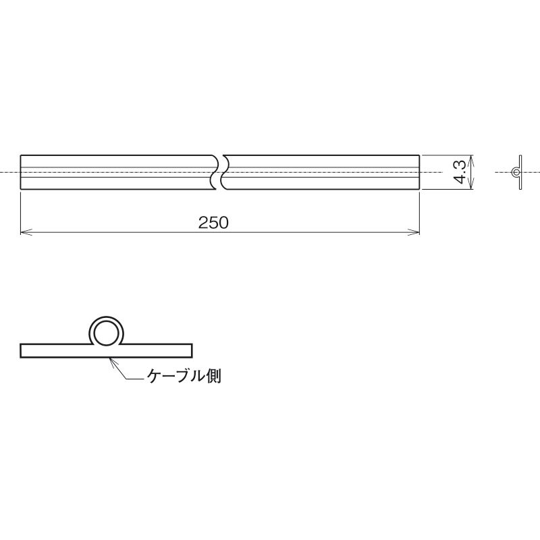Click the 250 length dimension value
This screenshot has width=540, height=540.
213,223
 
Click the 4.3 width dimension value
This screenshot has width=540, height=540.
460,172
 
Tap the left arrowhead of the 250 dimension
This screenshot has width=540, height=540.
26,232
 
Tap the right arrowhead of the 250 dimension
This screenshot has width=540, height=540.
414,232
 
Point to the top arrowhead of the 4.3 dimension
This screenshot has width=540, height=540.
471,161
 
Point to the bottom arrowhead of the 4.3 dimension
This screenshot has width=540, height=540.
471,184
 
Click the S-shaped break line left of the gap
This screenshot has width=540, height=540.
214,172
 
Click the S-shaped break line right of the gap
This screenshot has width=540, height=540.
225,172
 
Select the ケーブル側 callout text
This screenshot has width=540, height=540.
184,376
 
